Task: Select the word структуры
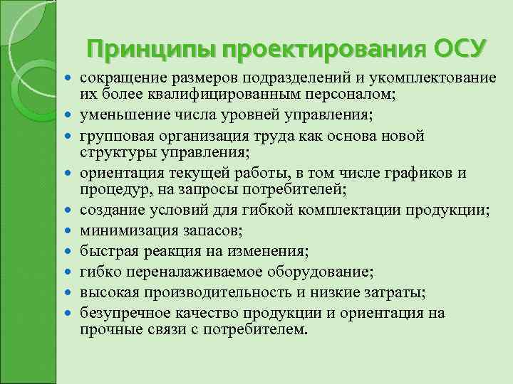point(113,151)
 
